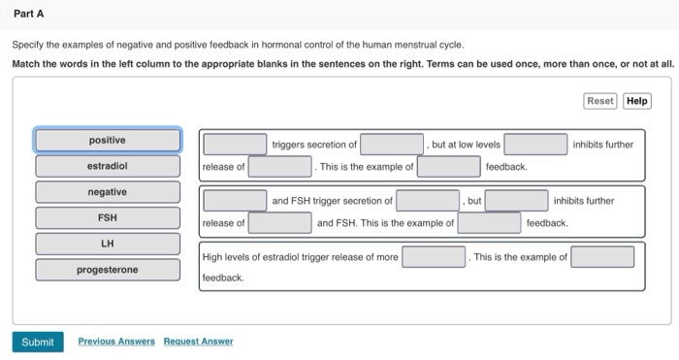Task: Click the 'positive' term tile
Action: (107, 141)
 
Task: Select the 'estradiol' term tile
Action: (107, 166)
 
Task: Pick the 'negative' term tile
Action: (107, 192)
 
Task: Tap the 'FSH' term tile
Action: (107, 217)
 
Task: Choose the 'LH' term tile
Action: (107, 244)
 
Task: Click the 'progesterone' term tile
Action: (107, 270)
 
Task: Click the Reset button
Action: (600, 101)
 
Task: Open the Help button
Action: (636, 101)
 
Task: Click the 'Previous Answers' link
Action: (116, 342)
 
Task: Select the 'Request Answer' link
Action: (198, 342)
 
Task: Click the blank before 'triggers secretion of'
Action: (235, 145)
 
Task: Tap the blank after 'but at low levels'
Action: (535, 145)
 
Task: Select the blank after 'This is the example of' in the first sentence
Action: (449, 167)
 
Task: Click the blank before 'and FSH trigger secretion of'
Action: (235, 201)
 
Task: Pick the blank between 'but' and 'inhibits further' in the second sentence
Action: (516, 201)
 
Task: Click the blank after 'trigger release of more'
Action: (434, 257)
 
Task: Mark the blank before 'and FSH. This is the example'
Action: (279, 223)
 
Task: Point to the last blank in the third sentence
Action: (601, 257)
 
